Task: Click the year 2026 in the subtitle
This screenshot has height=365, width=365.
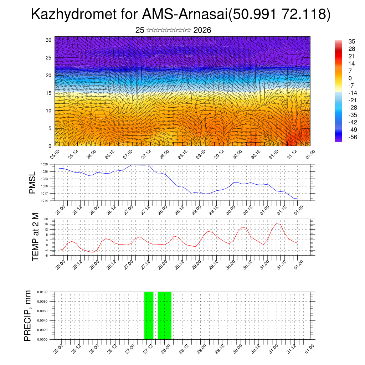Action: (x=202, y=30)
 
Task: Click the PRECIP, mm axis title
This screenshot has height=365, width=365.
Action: (x=28, y=315)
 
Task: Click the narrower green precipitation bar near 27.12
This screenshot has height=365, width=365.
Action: (x=149, y=315)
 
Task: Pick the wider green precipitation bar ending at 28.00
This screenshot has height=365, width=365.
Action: (x=165, y=315)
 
